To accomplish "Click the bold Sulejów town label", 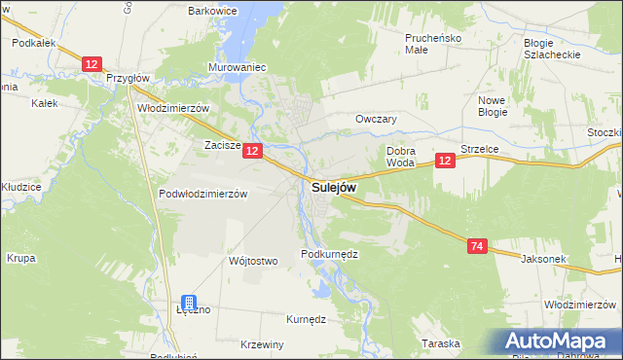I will (x=334, y=187).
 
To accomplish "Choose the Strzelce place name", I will (x=480, y=150).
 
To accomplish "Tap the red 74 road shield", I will (x=476, y=247).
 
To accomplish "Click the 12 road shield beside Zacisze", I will (x=252, y=151).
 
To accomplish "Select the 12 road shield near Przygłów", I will (x=92, y=64).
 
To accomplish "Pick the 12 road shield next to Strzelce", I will (x=445, y=161).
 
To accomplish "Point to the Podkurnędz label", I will (x=330, y=253).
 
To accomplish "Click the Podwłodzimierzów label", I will (x=203, y=194).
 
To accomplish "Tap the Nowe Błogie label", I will (x=495, y=107).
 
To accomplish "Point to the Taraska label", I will (x=440, y=343).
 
